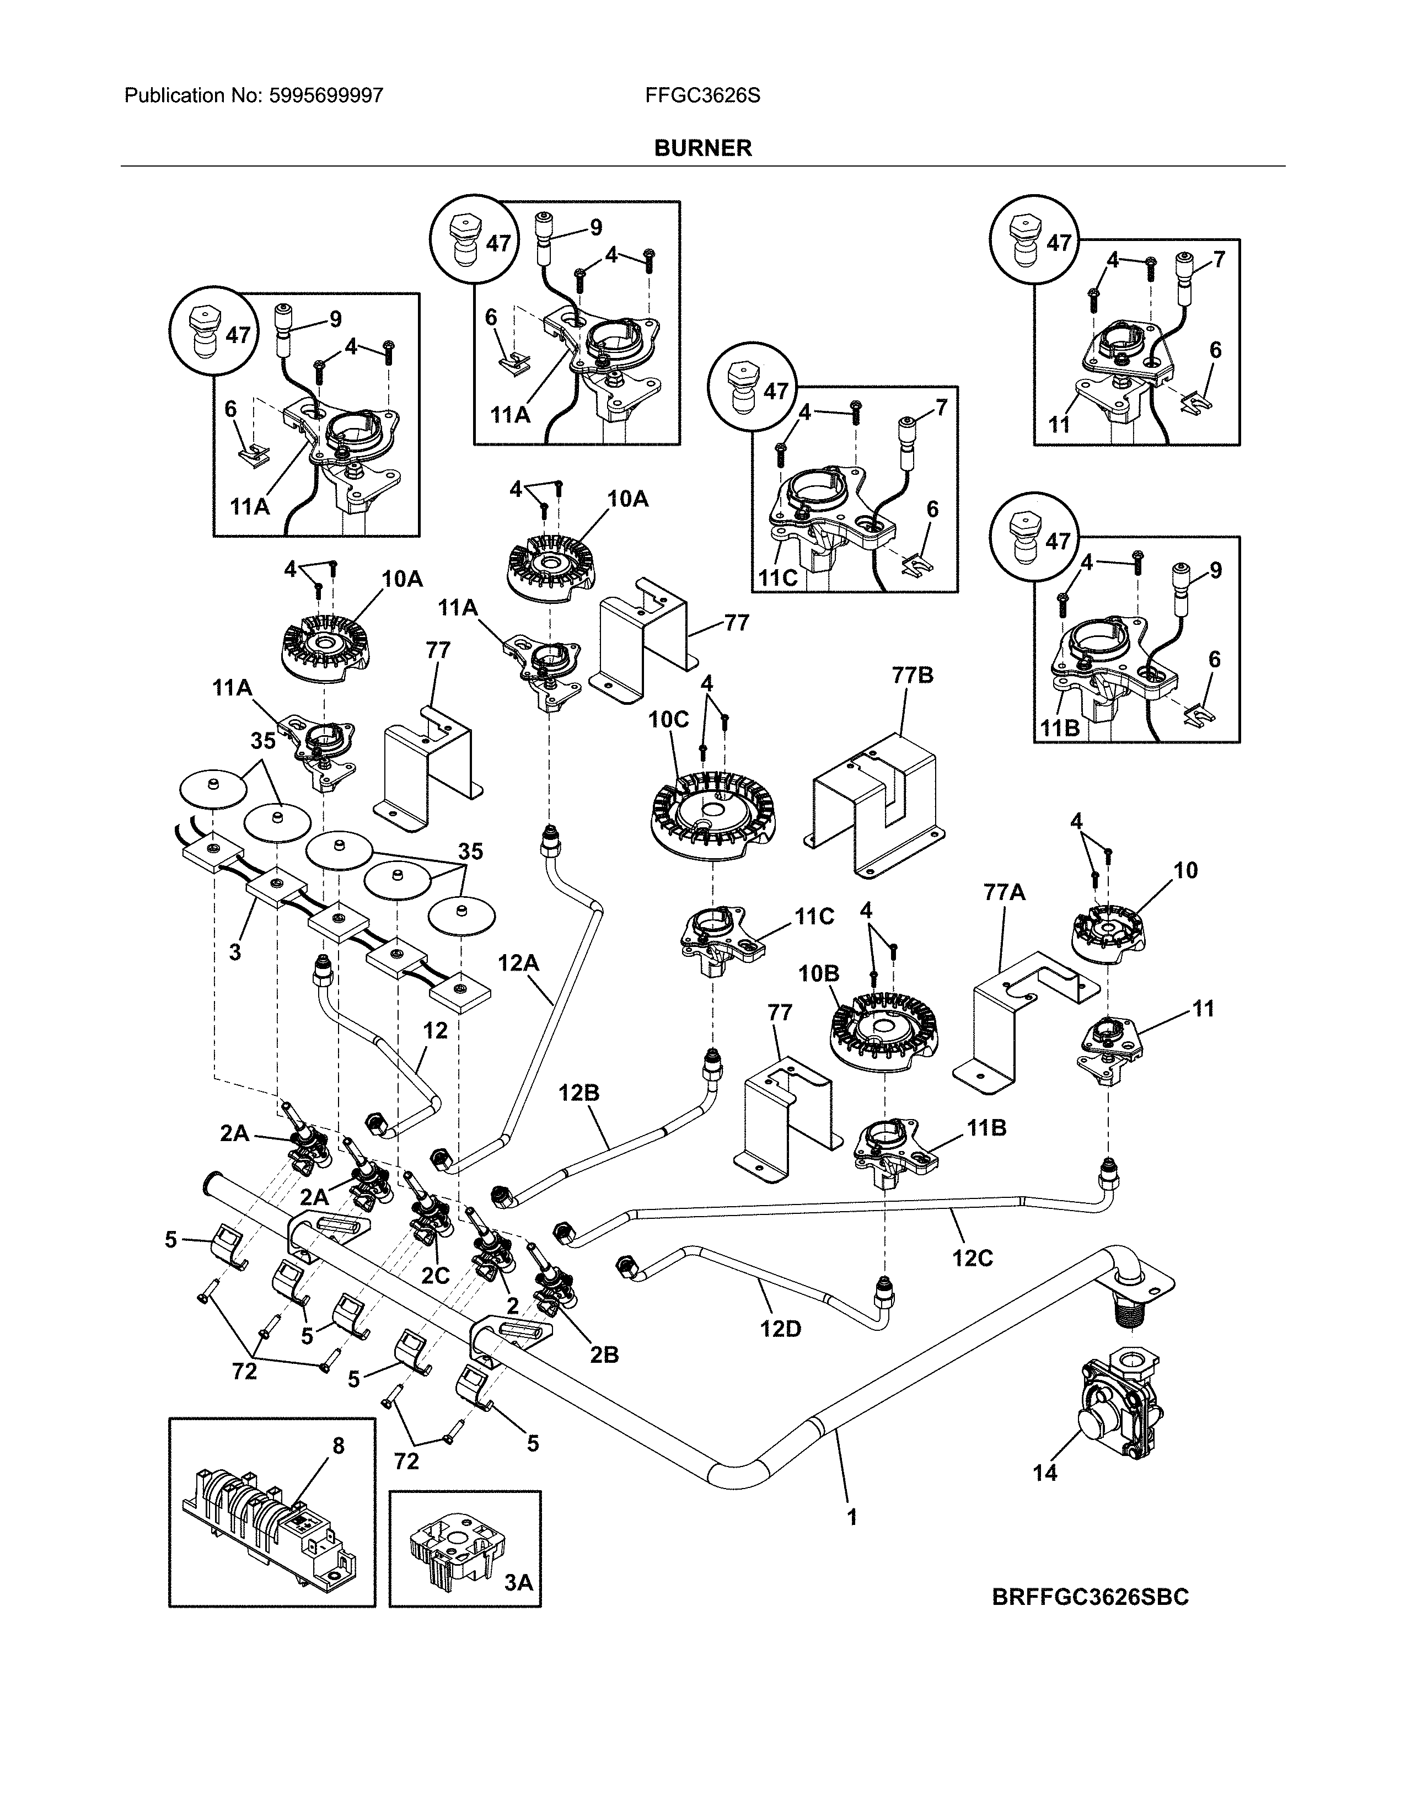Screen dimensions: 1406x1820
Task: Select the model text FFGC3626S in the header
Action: (x=702, y=96)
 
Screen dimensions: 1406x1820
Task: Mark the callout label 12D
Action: (x=780, y=1329)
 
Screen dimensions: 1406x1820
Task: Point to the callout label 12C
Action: (x=972, y=1257)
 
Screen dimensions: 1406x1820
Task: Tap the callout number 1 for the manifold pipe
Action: (x=851, y=1518)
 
